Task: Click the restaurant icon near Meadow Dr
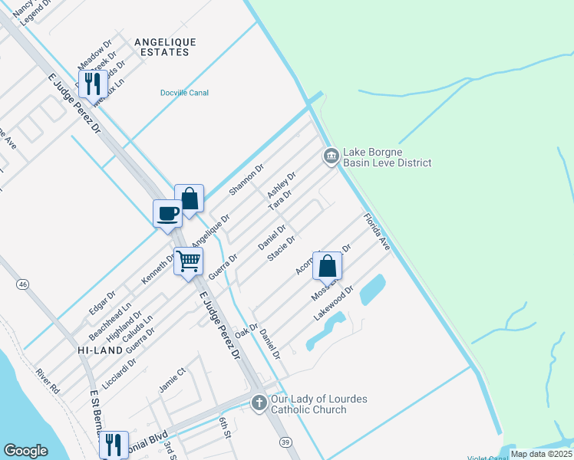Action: [x=92, y=84]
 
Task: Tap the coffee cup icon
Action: [x=167, y=214]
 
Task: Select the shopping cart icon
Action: [x=188, y=261]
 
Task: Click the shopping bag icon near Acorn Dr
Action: [x=327, y=266]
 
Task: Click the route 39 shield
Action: [x=285, y=442]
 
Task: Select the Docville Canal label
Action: [x=184, y=93]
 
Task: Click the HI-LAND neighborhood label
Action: [x=96, y=349]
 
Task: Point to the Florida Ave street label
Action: [x=378, y=232]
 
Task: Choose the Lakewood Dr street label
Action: [x=334, y=303]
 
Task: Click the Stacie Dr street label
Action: [x=281, y=248]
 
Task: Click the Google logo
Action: [x=26, y=451]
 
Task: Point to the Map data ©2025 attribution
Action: [x=540, y=454]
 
